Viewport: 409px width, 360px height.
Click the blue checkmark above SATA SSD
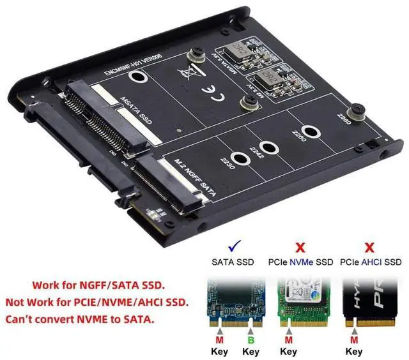click(x=233, y=246)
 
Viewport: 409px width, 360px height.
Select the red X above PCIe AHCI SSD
click(x=369, y=246)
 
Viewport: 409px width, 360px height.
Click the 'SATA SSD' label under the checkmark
click(x=233, y=262)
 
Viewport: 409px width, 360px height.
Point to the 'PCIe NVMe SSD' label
click(x=301, y=262)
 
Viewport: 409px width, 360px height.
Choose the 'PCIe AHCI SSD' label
click(x=370, y=262)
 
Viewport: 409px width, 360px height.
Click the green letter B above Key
click(x=251, y=340)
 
